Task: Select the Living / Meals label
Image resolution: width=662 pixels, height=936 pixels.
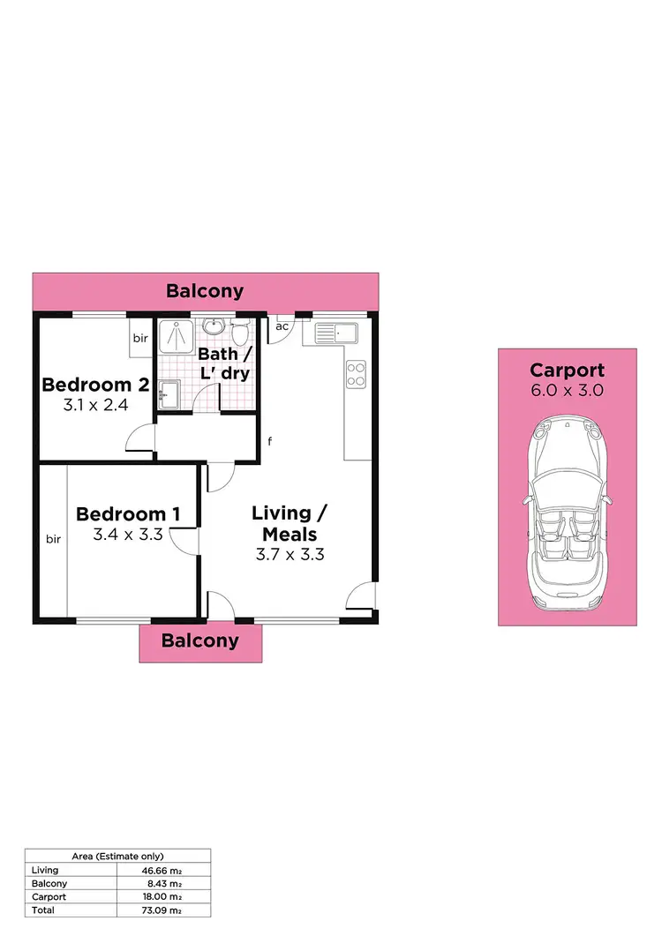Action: (x=282, y=523)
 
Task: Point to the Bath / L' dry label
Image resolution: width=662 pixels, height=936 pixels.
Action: (x=224, y=363)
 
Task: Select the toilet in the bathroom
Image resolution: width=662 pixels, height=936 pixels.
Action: (x=238, y=334)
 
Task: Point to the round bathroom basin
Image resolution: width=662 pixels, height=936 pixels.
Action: (x=213, y=328)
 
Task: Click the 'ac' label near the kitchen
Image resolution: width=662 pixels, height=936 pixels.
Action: (x=282, y=326)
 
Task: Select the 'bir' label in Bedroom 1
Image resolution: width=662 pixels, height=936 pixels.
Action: (x=53, y=540)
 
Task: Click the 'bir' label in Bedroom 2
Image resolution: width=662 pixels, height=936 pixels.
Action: (x=140, y=337)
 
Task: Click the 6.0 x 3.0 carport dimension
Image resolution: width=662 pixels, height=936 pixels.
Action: (x=568, y=391)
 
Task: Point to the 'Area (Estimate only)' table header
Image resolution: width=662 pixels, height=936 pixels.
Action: (x=117, y=856)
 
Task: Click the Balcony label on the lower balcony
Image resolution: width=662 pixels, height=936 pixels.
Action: (x=200, y=640)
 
